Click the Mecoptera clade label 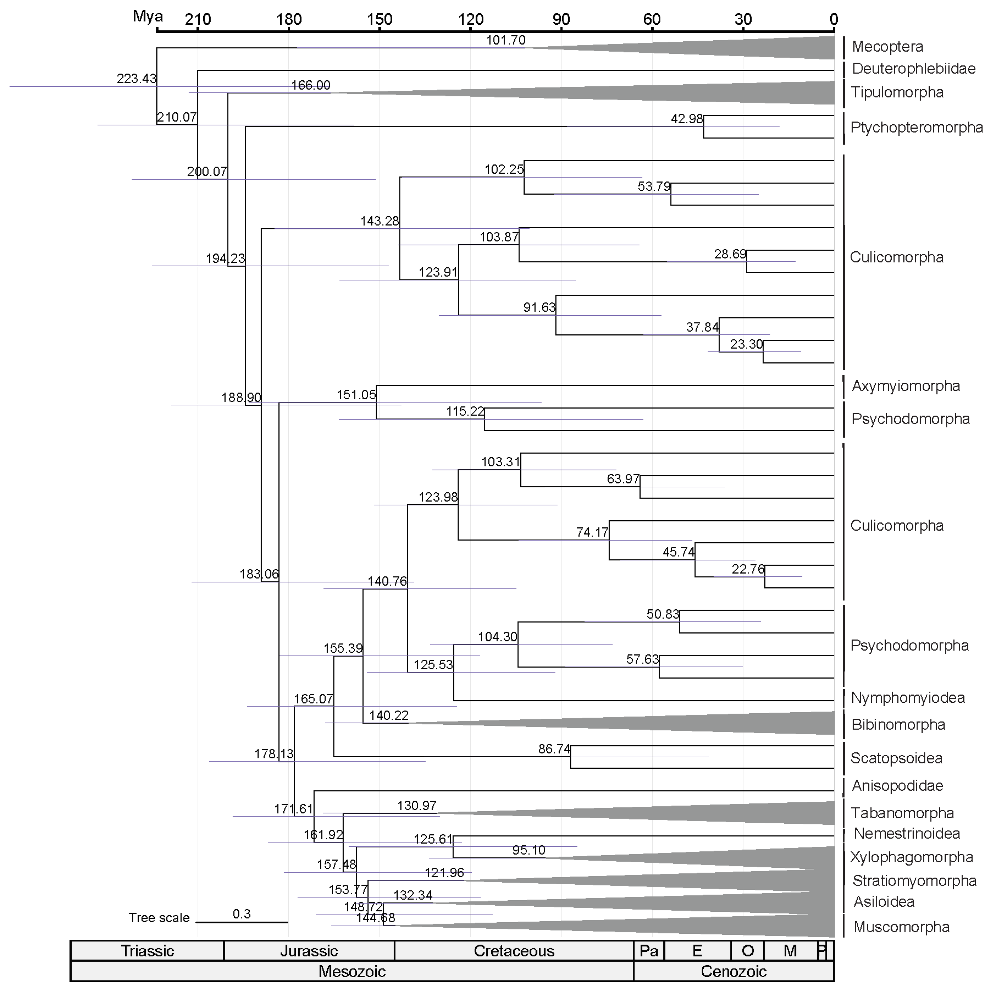click(x=887, y=47)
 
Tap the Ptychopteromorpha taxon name click(x=916, y=127)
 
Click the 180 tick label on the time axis click(x=289, y=20)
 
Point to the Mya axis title click(x=148, y=16)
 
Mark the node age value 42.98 click(x=686, y=119)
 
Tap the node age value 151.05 click(x=356, y=395)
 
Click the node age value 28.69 click(x=730, y=254)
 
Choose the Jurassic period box click(x=309, y=951)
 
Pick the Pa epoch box click(x=649, y=951)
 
